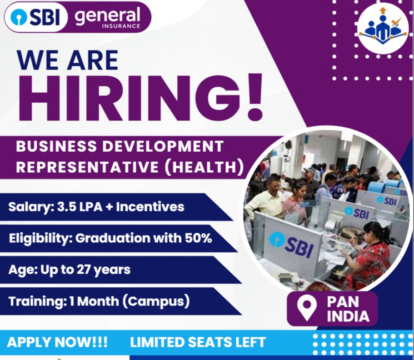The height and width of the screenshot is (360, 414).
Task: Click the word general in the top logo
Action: (x=107, y=16)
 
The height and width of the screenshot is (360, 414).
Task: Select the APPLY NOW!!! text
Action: (x=57, y=342)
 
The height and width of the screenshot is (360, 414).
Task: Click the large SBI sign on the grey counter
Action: (x=291, y=244)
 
